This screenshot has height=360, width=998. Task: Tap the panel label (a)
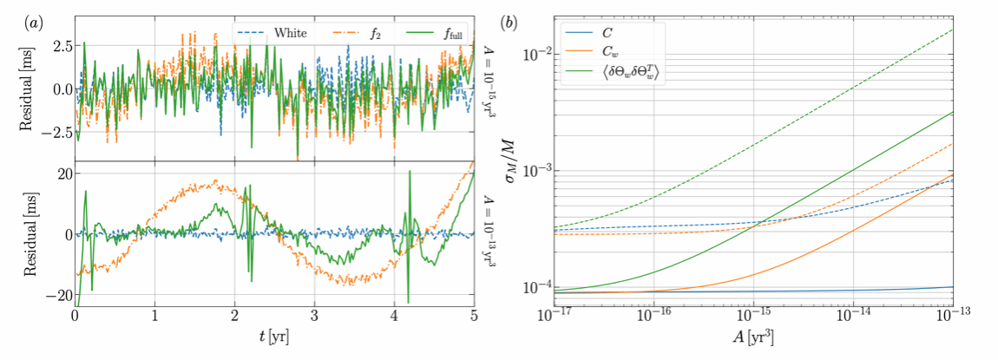coord(32,23)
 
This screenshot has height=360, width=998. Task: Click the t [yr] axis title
coord(275,336)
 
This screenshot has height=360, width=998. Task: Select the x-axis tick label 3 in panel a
coord(314,317)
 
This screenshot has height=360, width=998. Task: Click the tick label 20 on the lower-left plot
coord(62,174)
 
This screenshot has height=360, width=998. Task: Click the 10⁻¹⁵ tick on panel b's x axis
coord(753,317)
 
